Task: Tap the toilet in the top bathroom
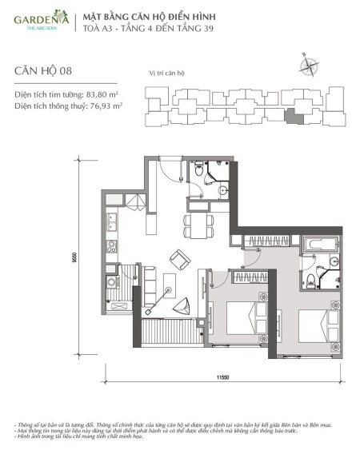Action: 198,170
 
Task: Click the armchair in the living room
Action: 179,260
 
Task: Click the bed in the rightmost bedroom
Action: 318,325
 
